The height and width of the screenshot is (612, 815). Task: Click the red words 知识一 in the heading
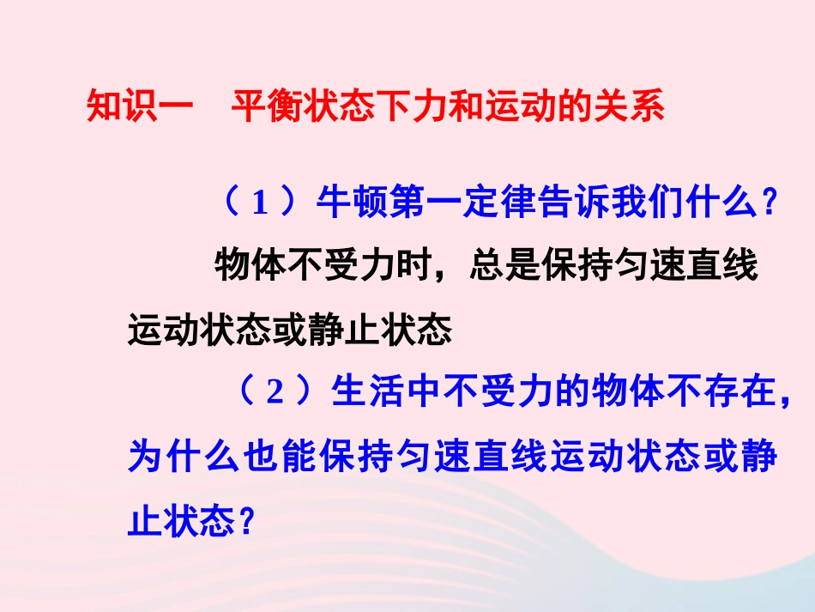pyautogui.click(x=129, y=109)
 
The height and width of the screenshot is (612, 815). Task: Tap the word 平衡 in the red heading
pyautogui.click(x=259, y=109)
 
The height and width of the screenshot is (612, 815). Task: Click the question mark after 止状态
pyautogui.click(x=249, y=520)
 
